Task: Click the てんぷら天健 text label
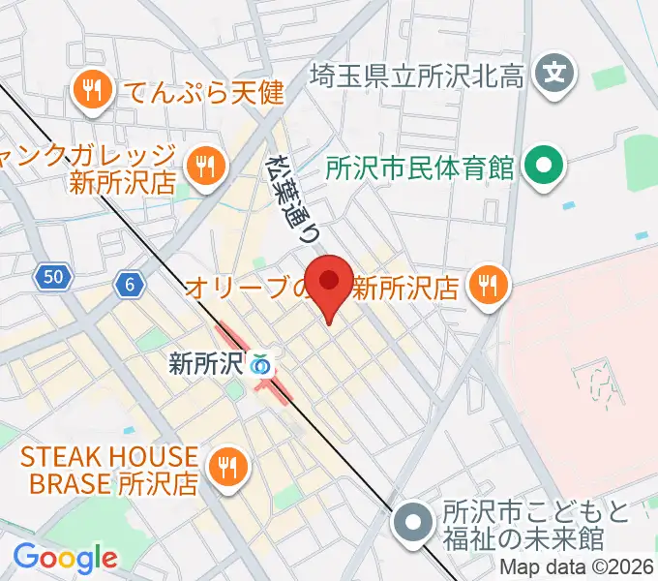point(201,93)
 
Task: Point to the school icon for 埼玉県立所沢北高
point(554,72)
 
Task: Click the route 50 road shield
point(55,278)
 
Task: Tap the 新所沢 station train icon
point(259,365)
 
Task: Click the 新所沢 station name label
point(205,365)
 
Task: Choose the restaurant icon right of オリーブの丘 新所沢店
point(487,285)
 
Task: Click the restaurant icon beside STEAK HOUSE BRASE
point(228,468)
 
